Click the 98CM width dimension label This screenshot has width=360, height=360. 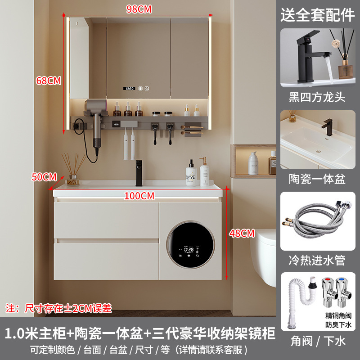[139, 9]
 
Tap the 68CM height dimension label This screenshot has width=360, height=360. [49, 81]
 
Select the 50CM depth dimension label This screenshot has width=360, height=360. [44, 177]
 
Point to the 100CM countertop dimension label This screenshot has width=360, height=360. [139, 196]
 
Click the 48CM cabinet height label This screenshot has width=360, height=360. [242, 233]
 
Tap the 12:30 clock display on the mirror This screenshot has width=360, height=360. [130, 88]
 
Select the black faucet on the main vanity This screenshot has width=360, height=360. [139, 173]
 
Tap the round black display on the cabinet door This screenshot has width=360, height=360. [190, 245]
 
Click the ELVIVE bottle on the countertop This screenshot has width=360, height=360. [191, 173]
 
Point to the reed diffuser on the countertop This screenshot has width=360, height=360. [73, 170]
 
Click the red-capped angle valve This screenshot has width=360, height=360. [329, 292]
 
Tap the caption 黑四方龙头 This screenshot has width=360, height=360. [317, 97]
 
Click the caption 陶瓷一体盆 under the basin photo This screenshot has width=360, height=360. [317, 179]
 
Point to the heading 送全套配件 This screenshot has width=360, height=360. [318, 15]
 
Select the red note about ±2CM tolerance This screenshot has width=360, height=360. [59, 308]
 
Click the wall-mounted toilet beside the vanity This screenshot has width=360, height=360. [264, 256]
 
